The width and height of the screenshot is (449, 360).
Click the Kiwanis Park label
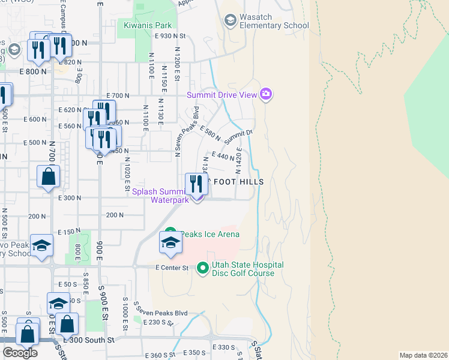148,25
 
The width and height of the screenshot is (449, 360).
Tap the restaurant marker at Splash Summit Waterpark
196,184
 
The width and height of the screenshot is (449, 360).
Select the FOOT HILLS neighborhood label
237,180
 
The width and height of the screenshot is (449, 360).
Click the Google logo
20,353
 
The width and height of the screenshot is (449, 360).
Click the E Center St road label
172,267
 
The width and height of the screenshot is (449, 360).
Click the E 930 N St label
171,36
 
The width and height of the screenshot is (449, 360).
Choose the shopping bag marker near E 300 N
48,177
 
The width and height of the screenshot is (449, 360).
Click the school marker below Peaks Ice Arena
170,244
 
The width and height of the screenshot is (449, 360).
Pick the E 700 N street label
118,95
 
